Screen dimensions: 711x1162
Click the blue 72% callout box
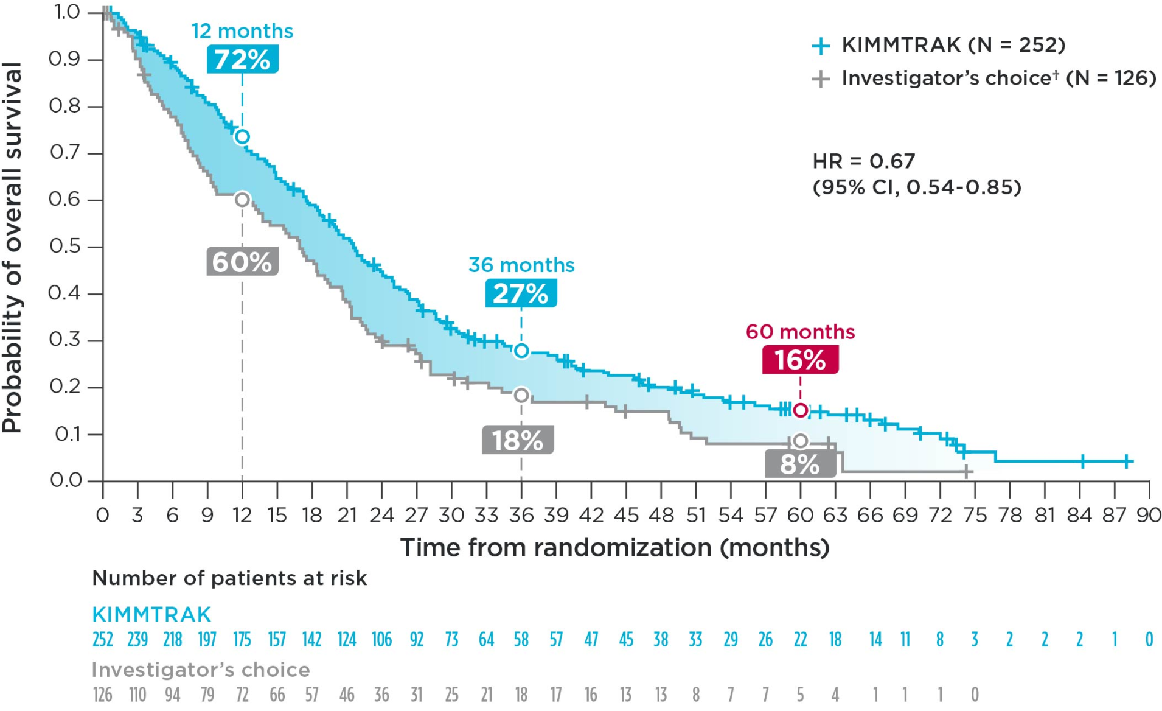(x=242, y=60)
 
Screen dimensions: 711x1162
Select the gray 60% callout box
(x=242, y=262)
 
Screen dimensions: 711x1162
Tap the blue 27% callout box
(x=521, y=293)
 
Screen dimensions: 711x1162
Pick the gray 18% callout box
(x=518, y=440)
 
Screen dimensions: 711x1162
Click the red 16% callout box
(x=800, y=360)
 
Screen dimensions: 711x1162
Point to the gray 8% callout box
(x=800, y=464)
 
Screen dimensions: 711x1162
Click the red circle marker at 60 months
(x=801, y=410)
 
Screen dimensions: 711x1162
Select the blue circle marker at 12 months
(x=242, y=136)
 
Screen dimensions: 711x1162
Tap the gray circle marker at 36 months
(x=521, y=395)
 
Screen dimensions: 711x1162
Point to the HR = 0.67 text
(x=864, y=161)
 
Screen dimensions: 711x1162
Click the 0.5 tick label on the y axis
(x=65, y=247)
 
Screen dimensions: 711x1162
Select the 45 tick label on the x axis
(x=626, y=516)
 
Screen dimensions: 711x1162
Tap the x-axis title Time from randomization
(x=614, y=547)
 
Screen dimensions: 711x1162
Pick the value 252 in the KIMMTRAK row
(x=102, y=640)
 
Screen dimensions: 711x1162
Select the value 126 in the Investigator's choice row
(x=102, y=695)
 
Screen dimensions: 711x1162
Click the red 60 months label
(x=800, y=332)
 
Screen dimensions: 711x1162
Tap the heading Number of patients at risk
(x=229, y=578)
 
